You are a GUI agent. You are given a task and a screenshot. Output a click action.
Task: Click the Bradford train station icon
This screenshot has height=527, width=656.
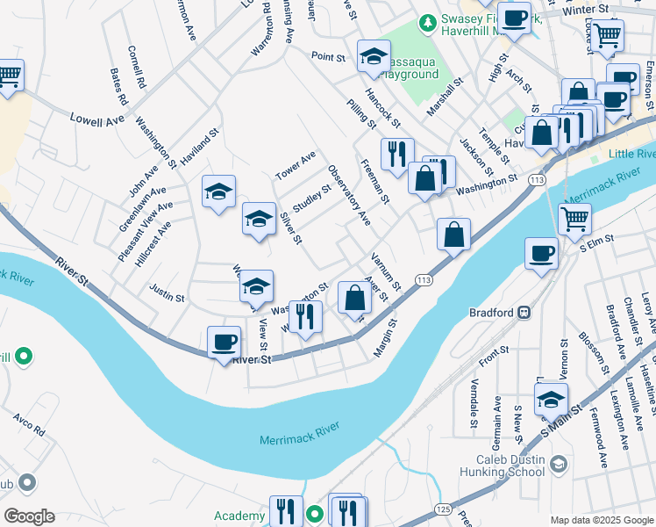[x=524, y=312]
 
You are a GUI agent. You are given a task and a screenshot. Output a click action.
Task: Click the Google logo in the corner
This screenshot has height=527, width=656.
[x=28, y=516]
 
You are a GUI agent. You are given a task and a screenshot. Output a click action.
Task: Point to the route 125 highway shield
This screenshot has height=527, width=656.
[x=443, y=509]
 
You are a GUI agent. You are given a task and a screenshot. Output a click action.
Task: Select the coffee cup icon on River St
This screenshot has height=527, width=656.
[x=224, y=342]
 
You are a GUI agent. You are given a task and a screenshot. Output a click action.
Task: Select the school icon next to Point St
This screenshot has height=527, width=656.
[x=374, y=57]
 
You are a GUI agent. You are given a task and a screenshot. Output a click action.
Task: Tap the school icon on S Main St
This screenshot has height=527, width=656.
[x=551, y=399]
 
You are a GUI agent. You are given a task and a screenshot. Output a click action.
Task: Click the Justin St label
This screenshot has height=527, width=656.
[x=167, y=298]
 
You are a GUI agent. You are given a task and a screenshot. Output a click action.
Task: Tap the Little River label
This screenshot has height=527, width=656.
[x=622, y=154]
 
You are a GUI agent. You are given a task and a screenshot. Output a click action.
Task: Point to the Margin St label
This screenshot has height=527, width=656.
[x=385, y=338]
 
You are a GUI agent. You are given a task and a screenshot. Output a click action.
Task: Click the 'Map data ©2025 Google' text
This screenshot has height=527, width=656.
[x=601, y=520]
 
